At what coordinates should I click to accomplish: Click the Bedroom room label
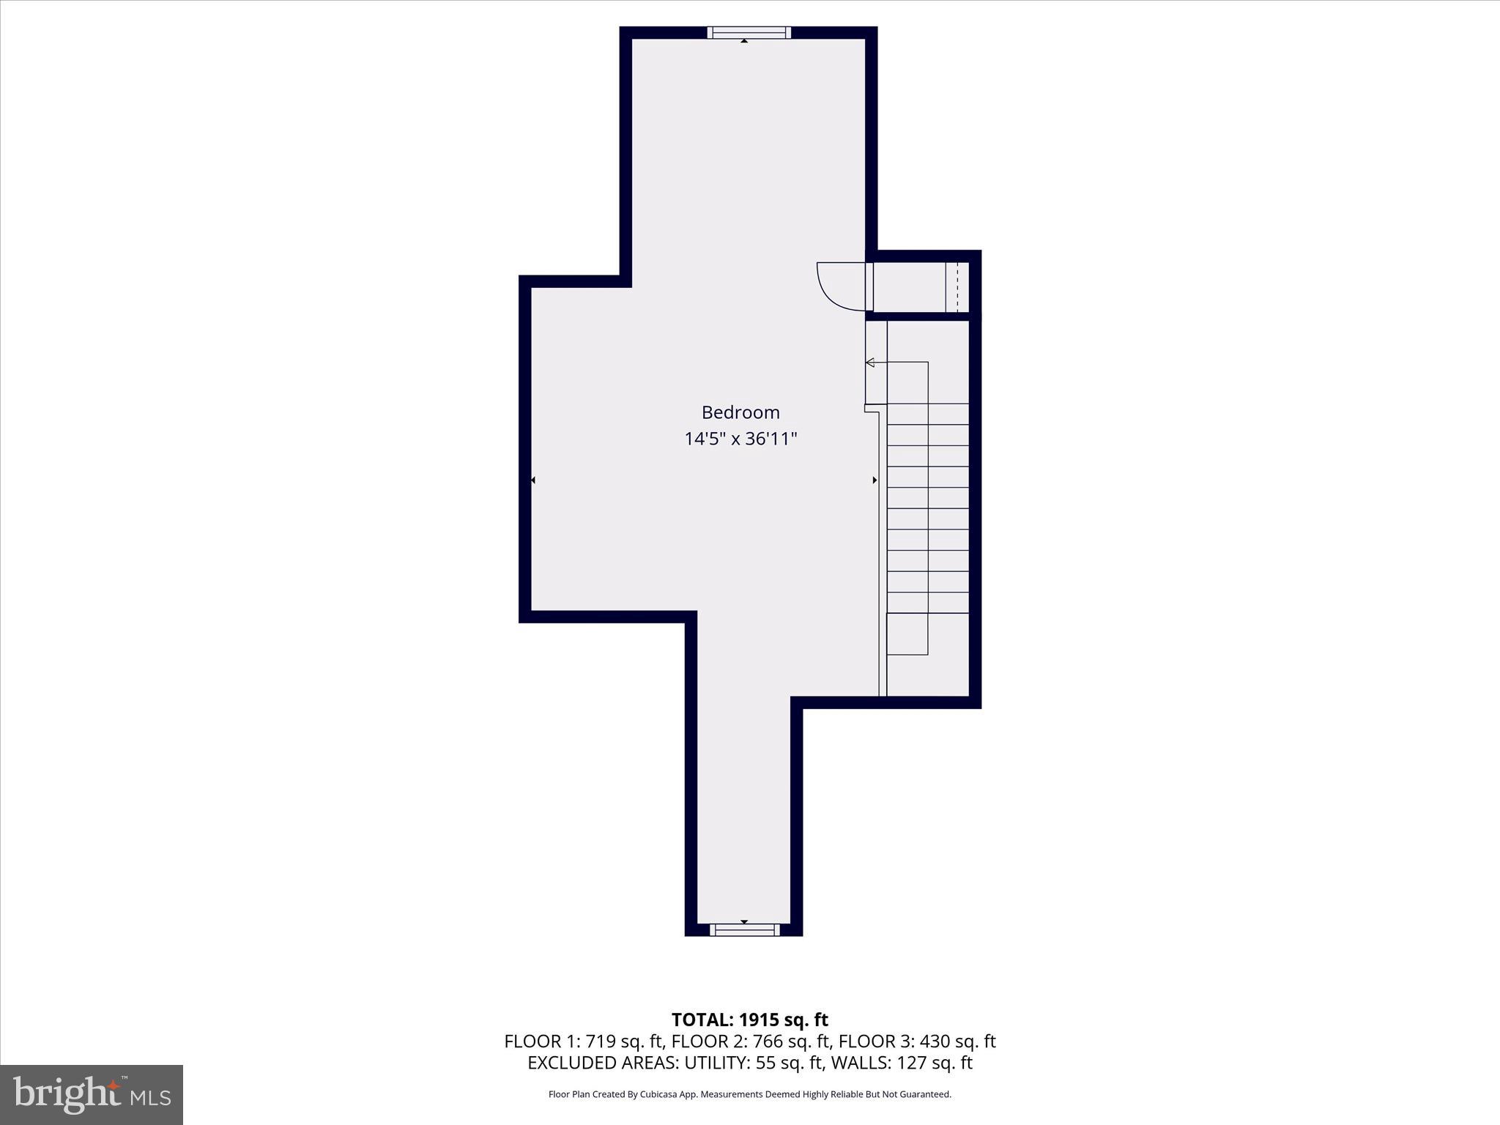(740, 412)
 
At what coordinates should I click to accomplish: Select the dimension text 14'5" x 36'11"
(740, 439)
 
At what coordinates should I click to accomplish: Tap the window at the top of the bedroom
(749, 32)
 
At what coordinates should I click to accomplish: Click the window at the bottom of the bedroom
(744, 929)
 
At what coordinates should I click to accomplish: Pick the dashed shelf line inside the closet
(957, 286)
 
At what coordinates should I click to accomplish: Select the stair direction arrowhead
(870, 362)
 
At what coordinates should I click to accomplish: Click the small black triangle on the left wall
(533, 480)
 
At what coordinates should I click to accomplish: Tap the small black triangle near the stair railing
(875, 480)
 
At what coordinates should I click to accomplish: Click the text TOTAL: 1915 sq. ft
(749, 1020)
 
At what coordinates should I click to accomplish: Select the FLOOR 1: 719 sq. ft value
(582, 1042)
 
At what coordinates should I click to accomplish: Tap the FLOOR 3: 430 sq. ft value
(917, 1042)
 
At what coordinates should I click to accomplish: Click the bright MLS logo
(92, 1094)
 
